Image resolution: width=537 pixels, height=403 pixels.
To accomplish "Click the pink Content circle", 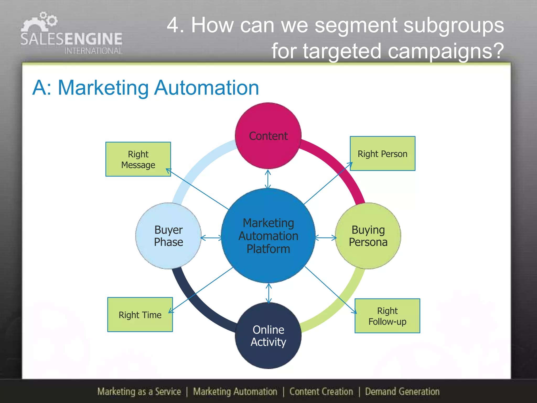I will click(x=268, y=136).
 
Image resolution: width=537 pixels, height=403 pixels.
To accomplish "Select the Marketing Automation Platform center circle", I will click(x=268, y=236).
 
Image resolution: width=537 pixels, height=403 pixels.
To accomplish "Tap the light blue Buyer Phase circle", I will click(x=168, y=236).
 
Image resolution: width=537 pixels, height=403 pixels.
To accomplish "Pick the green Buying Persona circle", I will click(x=368, y=236).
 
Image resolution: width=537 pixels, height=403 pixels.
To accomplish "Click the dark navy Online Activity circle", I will click(x=268, y=336).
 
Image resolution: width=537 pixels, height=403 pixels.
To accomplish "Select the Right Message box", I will click(x=138, y=159).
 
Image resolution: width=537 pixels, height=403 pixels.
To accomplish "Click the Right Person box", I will click(x=382, y=153).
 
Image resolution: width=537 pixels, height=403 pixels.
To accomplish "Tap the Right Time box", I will click(x=140, y=315).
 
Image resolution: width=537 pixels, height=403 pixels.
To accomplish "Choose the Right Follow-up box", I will click(x=387, y=316).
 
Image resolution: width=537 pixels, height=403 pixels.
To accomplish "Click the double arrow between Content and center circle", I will click(x=268, y=179).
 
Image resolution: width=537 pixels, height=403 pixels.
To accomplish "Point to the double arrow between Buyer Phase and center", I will click(x=211, y=238).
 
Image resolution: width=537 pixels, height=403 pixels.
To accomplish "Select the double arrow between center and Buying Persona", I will click(x=325, y=238).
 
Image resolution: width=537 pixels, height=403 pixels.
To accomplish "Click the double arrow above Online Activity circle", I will click(x=268, y=293).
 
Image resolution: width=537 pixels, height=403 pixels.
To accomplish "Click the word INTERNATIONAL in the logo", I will click(x=93, y=51).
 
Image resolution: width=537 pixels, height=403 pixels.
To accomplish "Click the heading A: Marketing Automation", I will click(x=146, y=88).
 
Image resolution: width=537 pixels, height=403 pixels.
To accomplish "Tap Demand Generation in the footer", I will click(x=402, y=391).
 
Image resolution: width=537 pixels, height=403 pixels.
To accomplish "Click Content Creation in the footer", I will click(x=321, y=391).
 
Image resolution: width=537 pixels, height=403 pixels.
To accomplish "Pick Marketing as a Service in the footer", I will click(x=139, y=391).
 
